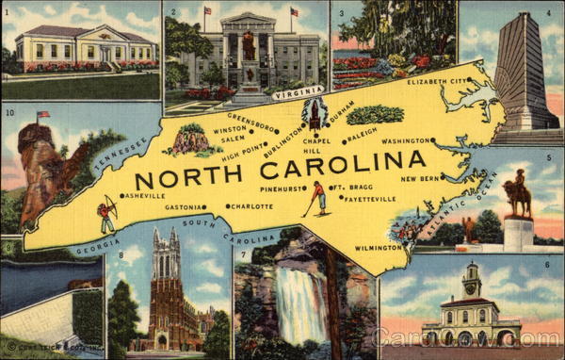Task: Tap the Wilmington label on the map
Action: (378, 248)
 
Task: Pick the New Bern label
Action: (421, 178)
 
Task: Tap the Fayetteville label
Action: (369, 199)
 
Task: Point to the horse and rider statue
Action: (517, 194)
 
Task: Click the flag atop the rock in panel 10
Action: (42, 116)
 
